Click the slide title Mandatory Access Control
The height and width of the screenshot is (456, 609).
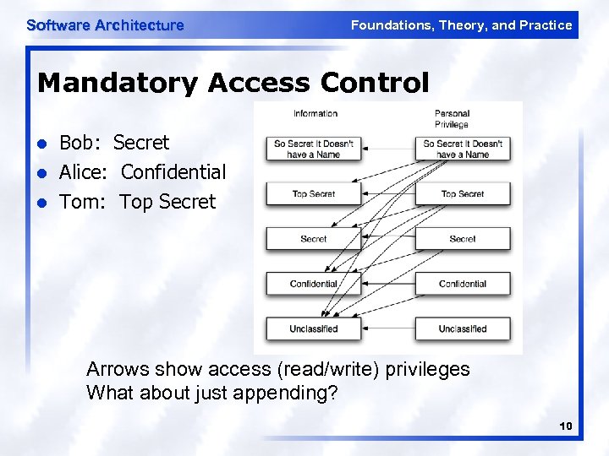click(x=233, y=83)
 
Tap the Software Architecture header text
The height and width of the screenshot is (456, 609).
click(x=105, y=25)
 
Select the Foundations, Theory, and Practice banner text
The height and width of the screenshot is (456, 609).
click(x=461, y=25)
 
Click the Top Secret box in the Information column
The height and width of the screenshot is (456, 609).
click(x=313, y=194)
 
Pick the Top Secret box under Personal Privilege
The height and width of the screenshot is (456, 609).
click(x=463, y=194)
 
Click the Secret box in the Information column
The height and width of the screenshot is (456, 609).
click(x=313, y=239)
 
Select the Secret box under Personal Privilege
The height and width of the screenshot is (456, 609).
click(x=463, y=239)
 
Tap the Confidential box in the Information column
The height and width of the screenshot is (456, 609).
click(x=313, y=284)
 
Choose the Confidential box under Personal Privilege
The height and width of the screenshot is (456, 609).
click(x=463, y=284)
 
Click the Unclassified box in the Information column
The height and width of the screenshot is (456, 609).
click(x=313, y=328)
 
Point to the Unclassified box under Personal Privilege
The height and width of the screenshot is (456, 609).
click(x=463, y=328)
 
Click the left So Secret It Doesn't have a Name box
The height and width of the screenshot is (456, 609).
click(x=313, y=149)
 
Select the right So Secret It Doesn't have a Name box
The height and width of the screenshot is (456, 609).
click(x=463, y=149)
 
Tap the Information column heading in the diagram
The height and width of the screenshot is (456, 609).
click(x=315, y=113)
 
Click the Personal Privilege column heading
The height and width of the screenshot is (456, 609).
click(x=452, y=119)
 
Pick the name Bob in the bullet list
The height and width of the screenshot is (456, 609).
click(x=80, y=143)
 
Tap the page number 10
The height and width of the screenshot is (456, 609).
click(x=566, y=427)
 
